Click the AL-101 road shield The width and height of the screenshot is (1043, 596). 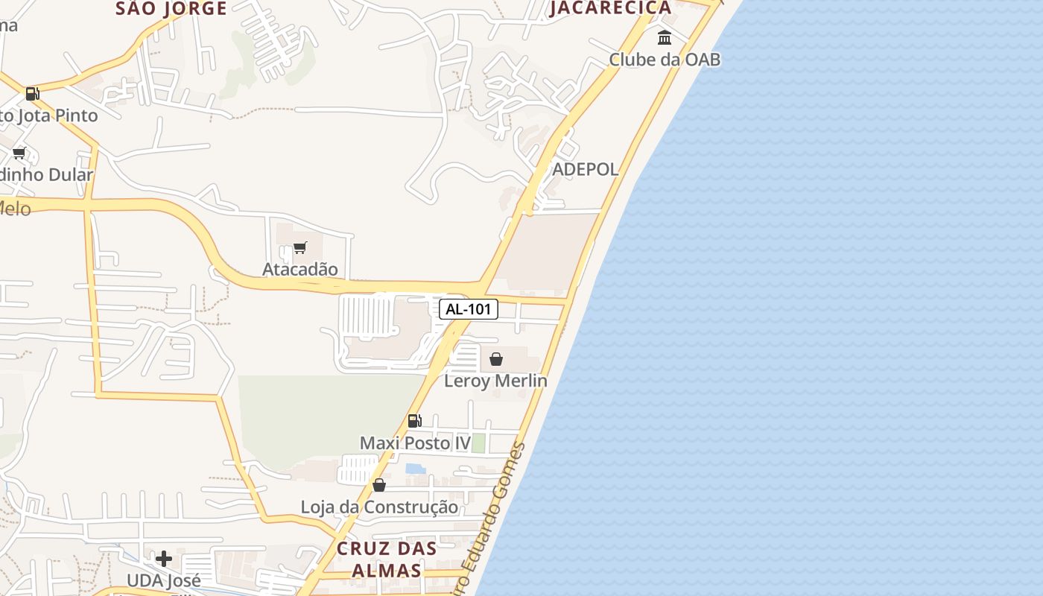[x=469, y=309]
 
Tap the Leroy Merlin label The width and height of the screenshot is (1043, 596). [x=495, y=381]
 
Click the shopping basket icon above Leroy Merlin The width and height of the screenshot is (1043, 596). [x=496, y=359]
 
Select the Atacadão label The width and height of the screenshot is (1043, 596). [x=299, y=269]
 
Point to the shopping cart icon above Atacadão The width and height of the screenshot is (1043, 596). [x=299, y=247]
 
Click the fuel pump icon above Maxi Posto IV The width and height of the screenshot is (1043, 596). [x=415, y=421]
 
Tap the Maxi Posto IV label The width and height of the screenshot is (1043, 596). [x=415, y=443]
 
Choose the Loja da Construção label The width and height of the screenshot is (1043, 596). [x=379, y=507]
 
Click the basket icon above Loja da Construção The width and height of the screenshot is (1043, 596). [x=379, y=485]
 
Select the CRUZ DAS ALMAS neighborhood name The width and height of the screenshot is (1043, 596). [x=386, y=559]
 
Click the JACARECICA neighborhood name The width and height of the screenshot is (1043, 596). [x=611, y=8]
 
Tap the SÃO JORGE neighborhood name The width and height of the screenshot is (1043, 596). [x=171, y=9]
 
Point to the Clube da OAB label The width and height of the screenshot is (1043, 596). [x=665, y=59]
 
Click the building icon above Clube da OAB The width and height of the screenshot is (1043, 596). [x=665, y=37]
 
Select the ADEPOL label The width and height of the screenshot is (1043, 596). [x=585, y=169]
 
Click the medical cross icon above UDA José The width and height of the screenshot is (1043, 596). [x=164, y=558]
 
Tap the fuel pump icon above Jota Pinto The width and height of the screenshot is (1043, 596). [x=32, y=93]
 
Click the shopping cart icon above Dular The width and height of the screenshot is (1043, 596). [x=19, y=153]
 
